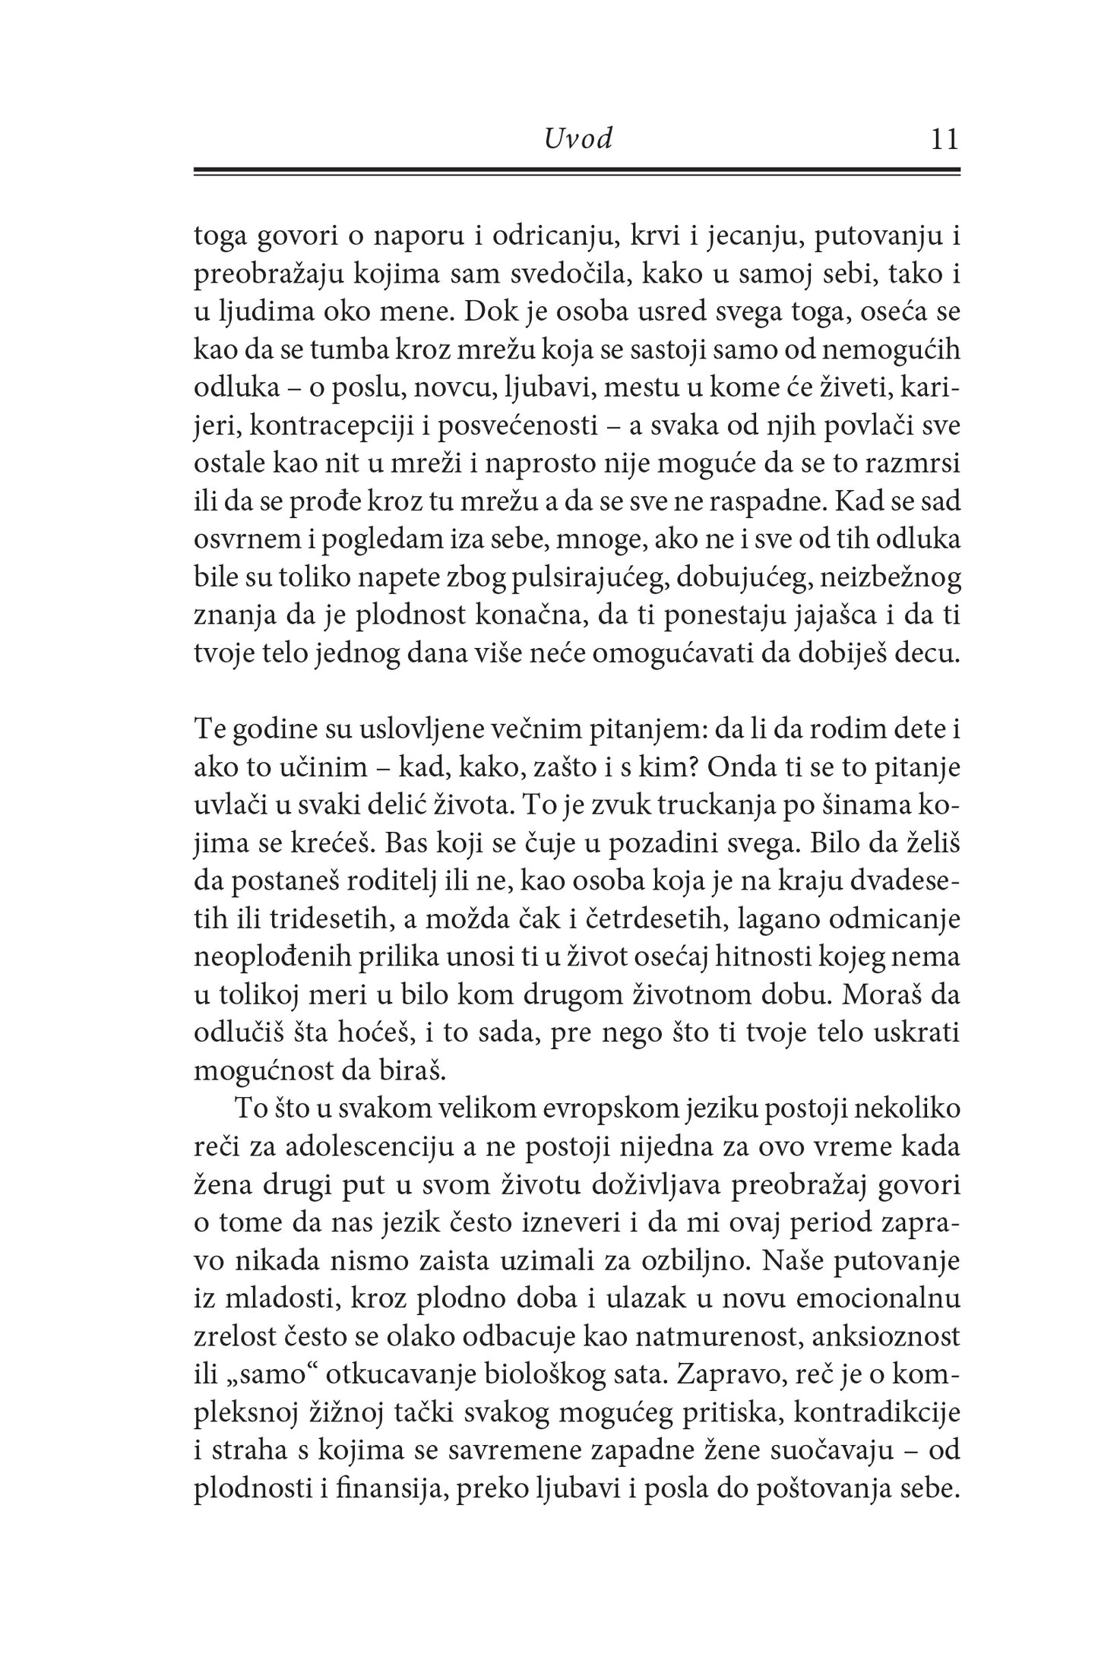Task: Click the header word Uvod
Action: (578, 140)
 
